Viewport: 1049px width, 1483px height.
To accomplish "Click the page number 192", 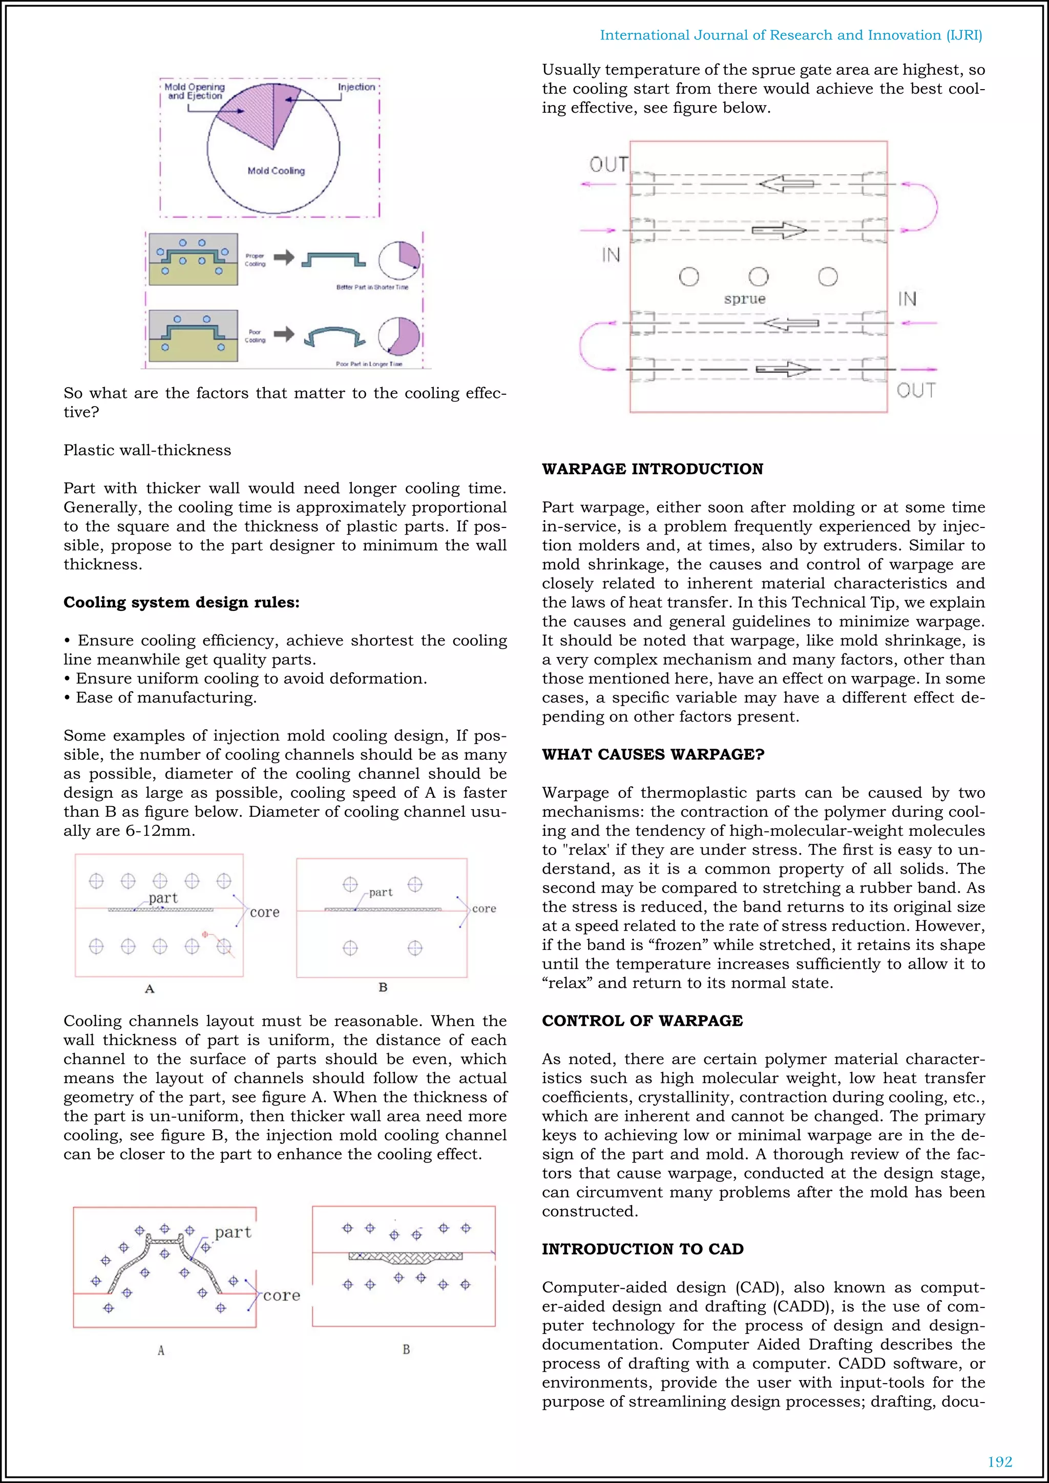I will pyautogui.click(x=999, y=1461).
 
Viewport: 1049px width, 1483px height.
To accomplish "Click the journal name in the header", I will pyautogui.click(x=791, y=35).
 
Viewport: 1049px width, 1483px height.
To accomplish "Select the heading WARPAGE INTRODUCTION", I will pyautogui.click(x=653, y=469).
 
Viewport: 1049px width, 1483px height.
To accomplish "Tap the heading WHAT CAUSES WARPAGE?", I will pyautogui.click(x=653, y=754).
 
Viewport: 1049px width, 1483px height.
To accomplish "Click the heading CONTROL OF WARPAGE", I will pyautogui.click(x=642, y=1021).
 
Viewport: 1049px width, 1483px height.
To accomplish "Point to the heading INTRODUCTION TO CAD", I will pyautogui.click(x=643, y=1249).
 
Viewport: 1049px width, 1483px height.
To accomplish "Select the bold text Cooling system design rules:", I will pyautogui.click(x=181, y=603).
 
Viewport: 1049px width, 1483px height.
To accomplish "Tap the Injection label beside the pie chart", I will pyautogui.click(x=356, y=87).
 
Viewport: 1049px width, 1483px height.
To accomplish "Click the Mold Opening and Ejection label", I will pyautogui.click(x=195, y=91).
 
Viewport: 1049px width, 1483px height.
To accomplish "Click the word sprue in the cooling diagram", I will pyautogui.click(x=744, y=299).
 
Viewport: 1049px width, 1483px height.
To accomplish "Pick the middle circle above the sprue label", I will pyautogui.click(x=759, y=277).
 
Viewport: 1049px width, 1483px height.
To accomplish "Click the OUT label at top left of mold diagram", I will pyautogui.click(x=608, y=165).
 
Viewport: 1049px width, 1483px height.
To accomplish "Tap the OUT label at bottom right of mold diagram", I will pyautogui.click(x=915, y=390).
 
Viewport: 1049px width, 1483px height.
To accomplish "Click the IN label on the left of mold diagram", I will pyautogui.click(x=611, y=255).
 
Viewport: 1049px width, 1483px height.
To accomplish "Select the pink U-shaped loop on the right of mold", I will pyautogui.click(x=924, y=207).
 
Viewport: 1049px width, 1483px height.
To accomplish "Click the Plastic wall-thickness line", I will pyautogui.click(x=148, y=450).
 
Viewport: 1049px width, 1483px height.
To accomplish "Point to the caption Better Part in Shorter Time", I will pyautogui.click(x=372, y=287).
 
